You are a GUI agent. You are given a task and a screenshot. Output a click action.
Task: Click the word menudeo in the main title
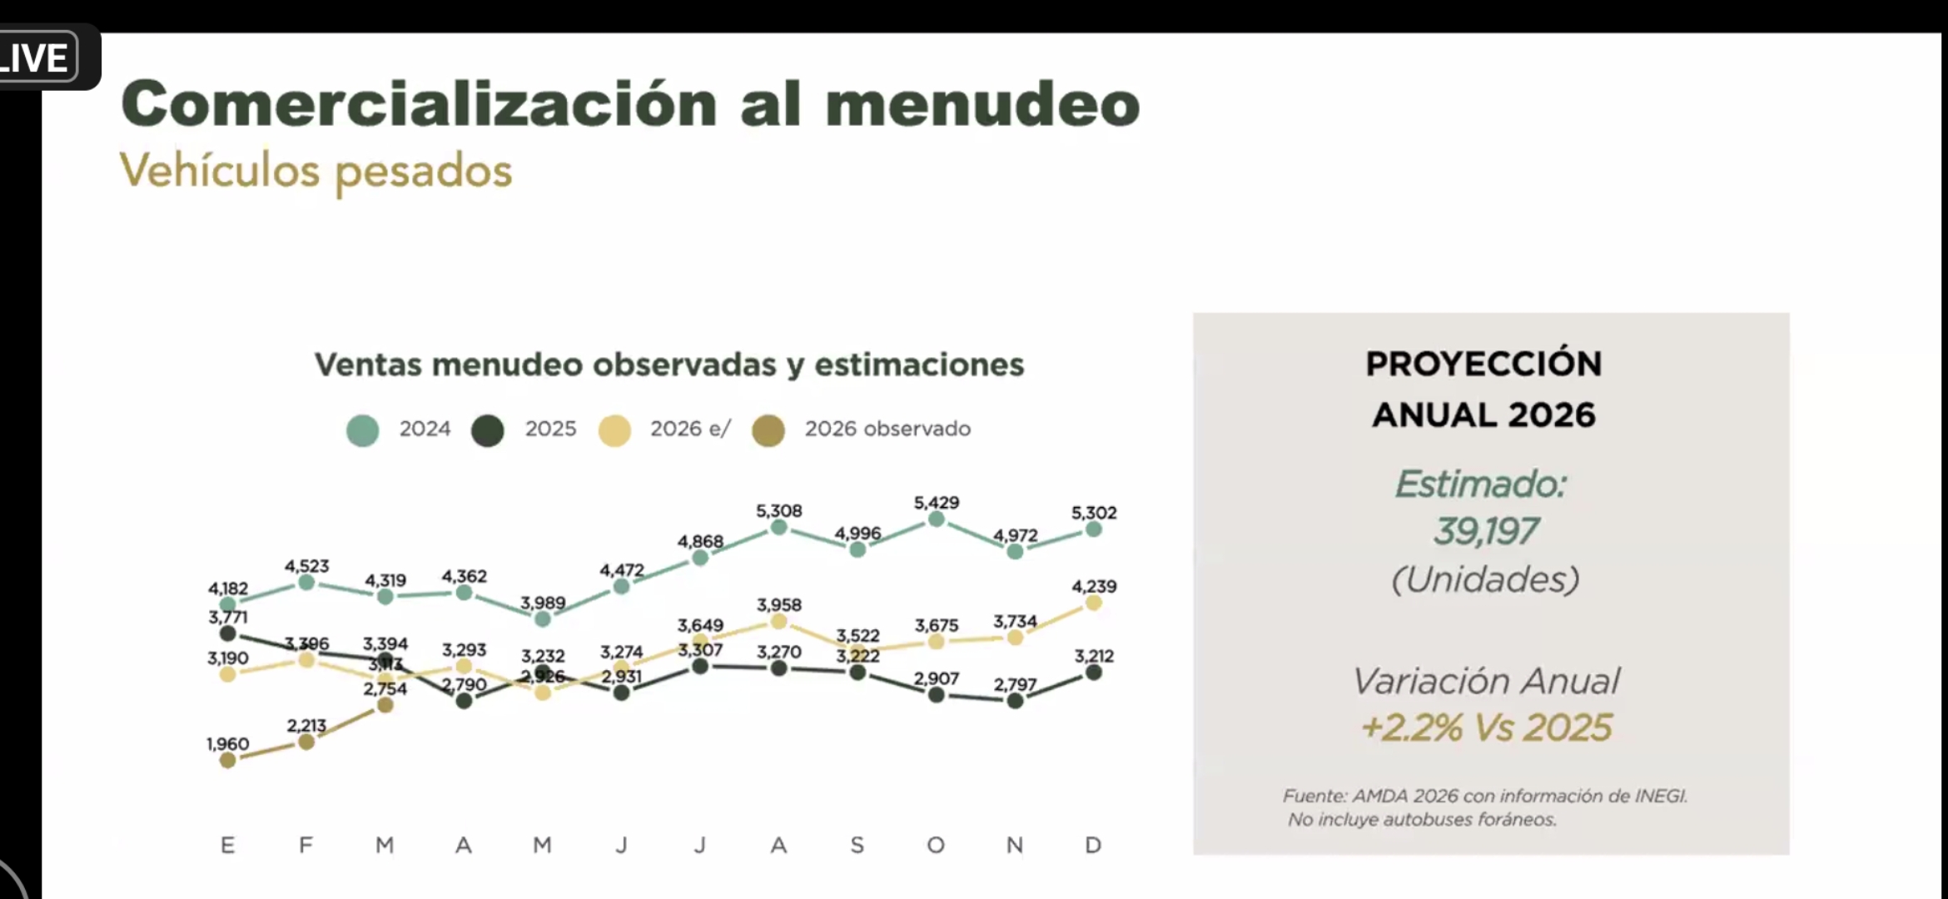click(982, 105)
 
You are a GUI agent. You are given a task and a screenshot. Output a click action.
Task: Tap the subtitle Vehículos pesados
click(316, 171)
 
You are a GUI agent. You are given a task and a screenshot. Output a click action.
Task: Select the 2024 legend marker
click(363, 430)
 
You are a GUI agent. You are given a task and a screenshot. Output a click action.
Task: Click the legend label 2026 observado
click(887, 429)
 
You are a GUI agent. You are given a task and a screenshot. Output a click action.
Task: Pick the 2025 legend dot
click(488, 430)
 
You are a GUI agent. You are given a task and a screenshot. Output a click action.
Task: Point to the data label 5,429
click(936, 503)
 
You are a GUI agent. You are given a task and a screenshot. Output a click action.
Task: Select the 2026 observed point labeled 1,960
click(227, 759)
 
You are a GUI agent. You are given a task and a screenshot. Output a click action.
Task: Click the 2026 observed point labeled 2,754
click(385, 705)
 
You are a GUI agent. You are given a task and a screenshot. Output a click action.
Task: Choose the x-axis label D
click(1093, 846)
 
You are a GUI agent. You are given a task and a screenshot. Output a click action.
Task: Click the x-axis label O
click(936, 846)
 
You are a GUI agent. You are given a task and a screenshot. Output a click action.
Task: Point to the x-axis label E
click(227, 846)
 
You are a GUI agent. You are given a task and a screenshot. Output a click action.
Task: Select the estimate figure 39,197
click(1485, 531)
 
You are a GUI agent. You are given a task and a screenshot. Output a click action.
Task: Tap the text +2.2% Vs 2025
click(1486, 728)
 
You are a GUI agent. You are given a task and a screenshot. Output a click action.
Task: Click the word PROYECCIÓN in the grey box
click(1483, 364)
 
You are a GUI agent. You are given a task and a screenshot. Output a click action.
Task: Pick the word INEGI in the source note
click(1660, 796)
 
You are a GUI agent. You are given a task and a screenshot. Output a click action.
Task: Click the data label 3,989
click(543, 603)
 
